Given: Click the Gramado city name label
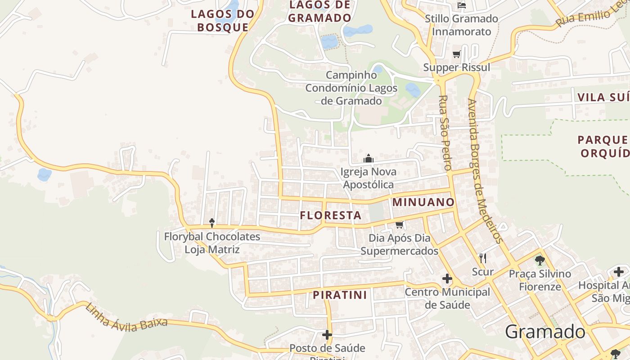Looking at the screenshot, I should (x=545, y=332).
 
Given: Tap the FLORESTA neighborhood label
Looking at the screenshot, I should (x=331, y=216).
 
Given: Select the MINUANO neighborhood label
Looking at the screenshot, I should (x=423, y=202).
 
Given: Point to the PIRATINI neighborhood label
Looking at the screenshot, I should (x=340, y=295).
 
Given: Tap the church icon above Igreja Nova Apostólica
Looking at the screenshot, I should (x=369, y=159).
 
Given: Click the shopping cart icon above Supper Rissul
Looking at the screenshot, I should (x=457, y=54).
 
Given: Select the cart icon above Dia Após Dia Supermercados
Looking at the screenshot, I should (x=399, y=225).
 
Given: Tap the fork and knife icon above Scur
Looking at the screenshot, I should (x=483, y=258).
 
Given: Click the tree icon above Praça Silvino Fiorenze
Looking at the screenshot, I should (x=540, y=260).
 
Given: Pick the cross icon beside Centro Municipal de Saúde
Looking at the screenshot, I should (x=447, y=279).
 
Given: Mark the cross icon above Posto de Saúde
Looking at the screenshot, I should (x=327, y=335).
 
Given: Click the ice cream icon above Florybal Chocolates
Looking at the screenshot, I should (x=212, y=223).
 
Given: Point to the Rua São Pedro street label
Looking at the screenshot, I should (x=445, y=133).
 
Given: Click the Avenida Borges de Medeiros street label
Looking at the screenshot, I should (x=485, y=171).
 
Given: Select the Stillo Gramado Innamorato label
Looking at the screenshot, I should (x=461, y=25).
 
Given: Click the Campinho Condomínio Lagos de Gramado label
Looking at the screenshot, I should (x=351, y=88).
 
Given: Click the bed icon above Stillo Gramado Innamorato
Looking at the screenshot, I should (x=461, y=5).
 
